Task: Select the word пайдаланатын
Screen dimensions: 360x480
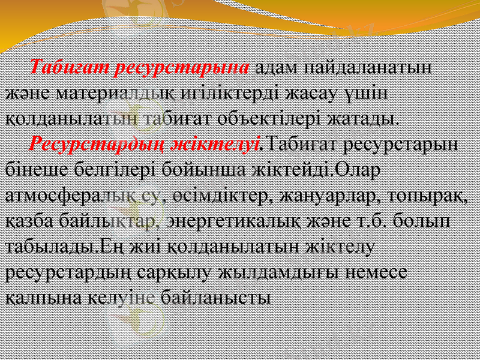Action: (367, 66)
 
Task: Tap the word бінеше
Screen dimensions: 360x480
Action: (35, 169)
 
